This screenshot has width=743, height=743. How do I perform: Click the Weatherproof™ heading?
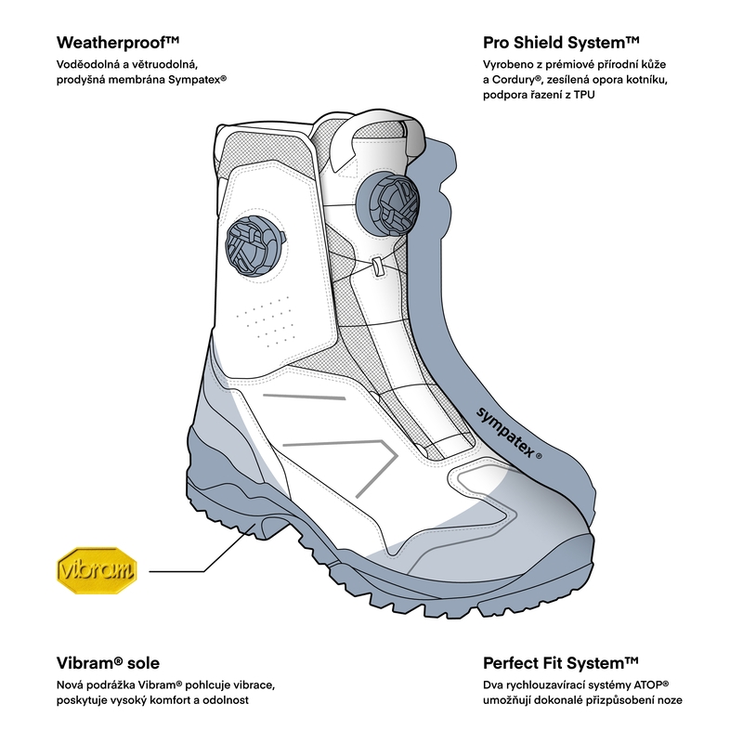118,43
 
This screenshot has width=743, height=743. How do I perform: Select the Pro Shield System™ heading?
561,43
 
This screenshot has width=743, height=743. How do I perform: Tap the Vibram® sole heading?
108,663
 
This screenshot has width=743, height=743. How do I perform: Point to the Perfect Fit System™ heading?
560,663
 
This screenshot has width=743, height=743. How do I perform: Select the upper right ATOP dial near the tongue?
386,203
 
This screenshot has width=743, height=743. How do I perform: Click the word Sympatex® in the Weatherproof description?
197,81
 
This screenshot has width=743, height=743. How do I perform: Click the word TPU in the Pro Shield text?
584,96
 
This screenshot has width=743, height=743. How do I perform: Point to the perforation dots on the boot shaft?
265,321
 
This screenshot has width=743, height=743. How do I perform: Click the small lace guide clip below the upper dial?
378,267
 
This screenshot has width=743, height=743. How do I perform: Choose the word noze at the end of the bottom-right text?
669,698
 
